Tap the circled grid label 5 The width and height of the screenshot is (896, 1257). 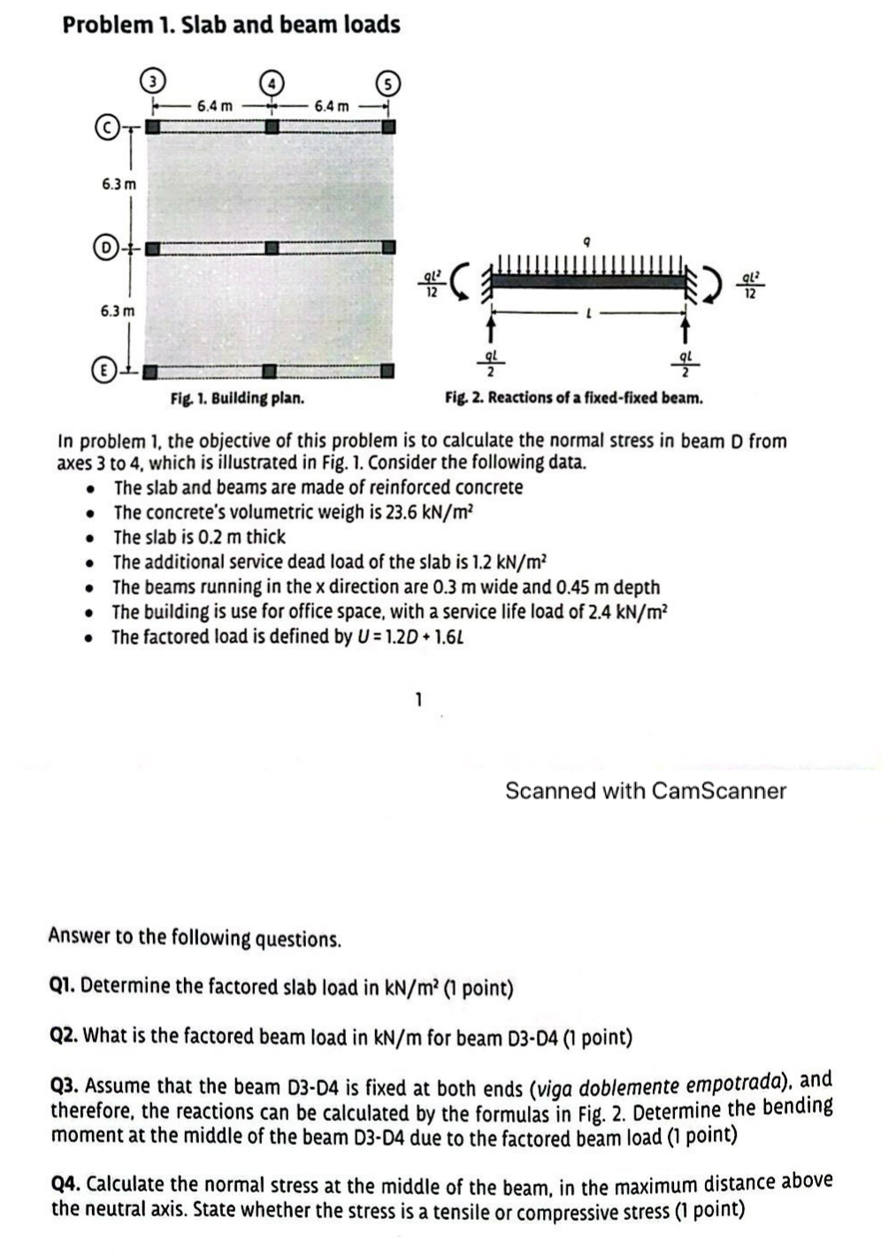tap(387, 84)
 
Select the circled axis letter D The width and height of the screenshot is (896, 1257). tap(105, 248)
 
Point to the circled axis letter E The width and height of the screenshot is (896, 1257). tap(105, 372)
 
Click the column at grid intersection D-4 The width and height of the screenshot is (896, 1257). tap(272, 249)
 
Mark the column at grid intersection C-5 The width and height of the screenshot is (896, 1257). tap(387, 126)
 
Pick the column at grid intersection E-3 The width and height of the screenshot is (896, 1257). tap(153, 372)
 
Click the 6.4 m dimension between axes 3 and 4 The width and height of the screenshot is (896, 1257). tap(215, 106)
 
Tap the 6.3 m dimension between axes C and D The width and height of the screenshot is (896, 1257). tap(119, 185)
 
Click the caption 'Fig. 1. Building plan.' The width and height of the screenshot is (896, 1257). tap(237, 398)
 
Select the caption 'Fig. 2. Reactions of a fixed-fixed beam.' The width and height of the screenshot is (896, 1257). tap(574, 397)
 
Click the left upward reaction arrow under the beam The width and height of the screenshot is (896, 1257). tap(487, 329)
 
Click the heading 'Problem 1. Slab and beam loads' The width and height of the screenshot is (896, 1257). tap(231, 24)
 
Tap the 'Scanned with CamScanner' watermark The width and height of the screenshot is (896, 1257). tap(645, 791)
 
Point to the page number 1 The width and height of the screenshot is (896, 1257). tap(419, 699)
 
